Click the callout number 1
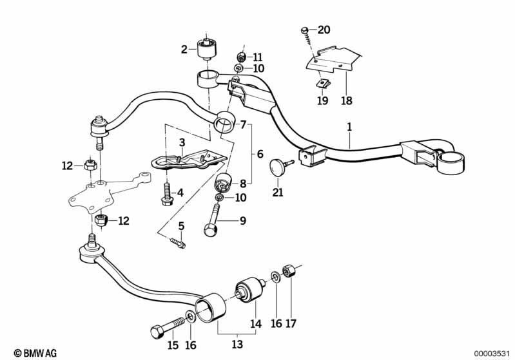[x=349, y=127]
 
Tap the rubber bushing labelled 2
[x=207, y=49]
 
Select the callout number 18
[x=347, y=100]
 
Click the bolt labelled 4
[x=168, y=194]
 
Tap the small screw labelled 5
[x=178, y=243]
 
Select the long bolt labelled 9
[x=212, y=220]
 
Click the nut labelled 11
[x=242, y=57]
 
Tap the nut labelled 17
[x=288, y=271]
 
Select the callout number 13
[x=237, y=345]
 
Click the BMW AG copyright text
[x=35, y=353]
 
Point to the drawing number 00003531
[x=492, y=354]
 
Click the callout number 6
[x=260, y=154]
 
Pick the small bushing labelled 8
[x=223, y=182]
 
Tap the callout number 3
[x=182, y=142]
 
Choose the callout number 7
[x=243, y=125]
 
